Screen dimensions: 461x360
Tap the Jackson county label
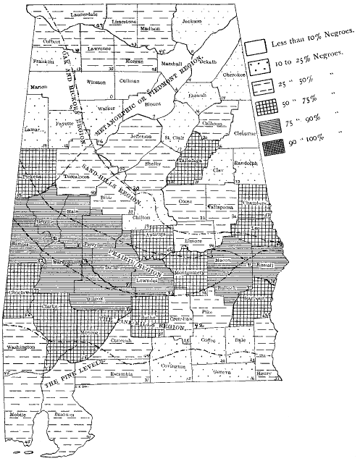click(191, 22)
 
